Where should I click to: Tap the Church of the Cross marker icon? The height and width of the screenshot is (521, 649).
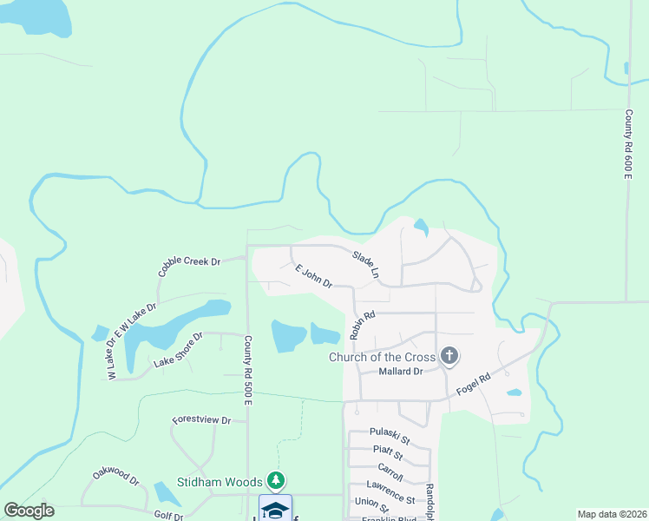[449, 355]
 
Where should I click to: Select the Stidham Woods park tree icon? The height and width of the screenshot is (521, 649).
[276, 479]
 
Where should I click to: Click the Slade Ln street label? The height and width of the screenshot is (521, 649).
[366, 264]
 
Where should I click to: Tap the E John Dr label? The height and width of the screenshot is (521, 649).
[314, 276]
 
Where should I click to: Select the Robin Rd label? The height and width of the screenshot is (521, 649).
[361, 326]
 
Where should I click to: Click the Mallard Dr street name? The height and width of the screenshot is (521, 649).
[400, 372]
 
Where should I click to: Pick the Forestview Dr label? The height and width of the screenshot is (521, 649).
[201, 419]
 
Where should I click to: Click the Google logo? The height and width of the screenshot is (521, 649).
[29, 511]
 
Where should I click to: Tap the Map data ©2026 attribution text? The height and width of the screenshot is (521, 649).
[611, 514]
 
